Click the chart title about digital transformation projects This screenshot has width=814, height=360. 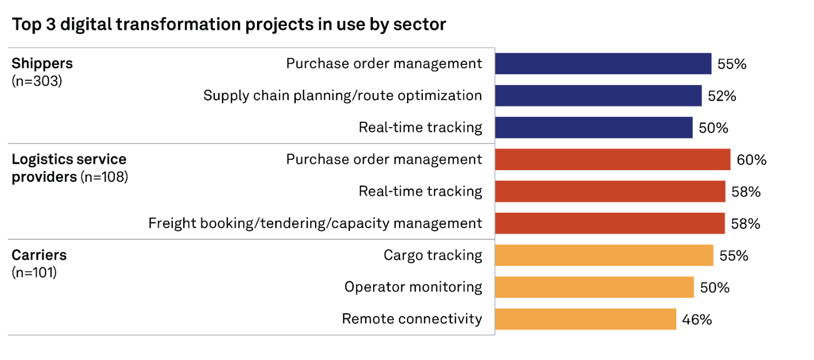point(229,25)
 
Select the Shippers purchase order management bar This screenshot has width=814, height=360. point(603,64)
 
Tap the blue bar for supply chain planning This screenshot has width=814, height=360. point(599,96)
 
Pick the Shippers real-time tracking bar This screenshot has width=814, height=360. point(594,128)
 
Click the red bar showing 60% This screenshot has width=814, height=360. point(613,160)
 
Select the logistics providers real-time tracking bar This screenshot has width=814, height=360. point(610,191)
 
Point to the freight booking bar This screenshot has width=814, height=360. point(610,223)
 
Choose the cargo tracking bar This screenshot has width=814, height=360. point(604,255)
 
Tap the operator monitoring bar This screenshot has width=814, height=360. point(594,287)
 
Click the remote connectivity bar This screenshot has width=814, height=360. point(586,319)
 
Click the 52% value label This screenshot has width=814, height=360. point(722,96)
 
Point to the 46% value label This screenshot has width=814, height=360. point(697,320)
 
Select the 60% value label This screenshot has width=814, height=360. point(752,160)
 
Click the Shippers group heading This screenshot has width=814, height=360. point(42,64)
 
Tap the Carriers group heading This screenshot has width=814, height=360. point(39,255)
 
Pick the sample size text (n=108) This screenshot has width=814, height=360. point(104,177)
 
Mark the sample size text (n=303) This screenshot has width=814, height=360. point(37,81)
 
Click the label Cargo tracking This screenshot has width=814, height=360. point(433,255)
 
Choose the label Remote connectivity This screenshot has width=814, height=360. point(412,319)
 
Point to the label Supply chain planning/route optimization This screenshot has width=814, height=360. point(343,96)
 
